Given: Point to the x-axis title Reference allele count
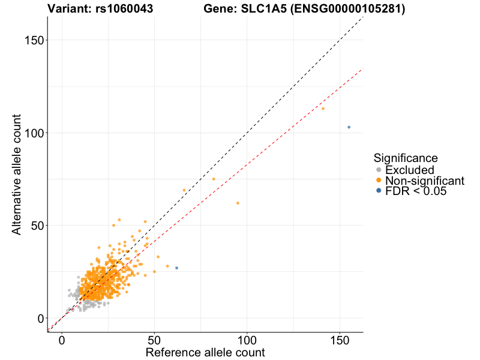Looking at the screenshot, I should point(205,352).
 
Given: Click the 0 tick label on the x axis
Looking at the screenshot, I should point(62,340).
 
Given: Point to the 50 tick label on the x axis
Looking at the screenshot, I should point(155,340).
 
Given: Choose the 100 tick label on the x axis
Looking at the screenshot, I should point(247,340).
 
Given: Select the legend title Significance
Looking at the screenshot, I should point(405,158).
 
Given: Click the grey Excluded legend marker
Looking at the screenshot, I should point(379,170).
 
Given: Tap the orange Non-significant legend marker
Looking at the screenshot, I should point(379,181).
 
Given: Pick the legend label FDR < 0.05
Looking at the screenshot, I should point(415,191).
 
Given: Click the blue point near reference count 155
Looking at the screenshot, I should point(349,127).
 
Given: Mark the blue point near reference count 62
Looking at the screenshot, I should point(176,268).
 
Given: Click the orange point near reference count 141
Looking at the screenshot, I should point(323,109).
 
